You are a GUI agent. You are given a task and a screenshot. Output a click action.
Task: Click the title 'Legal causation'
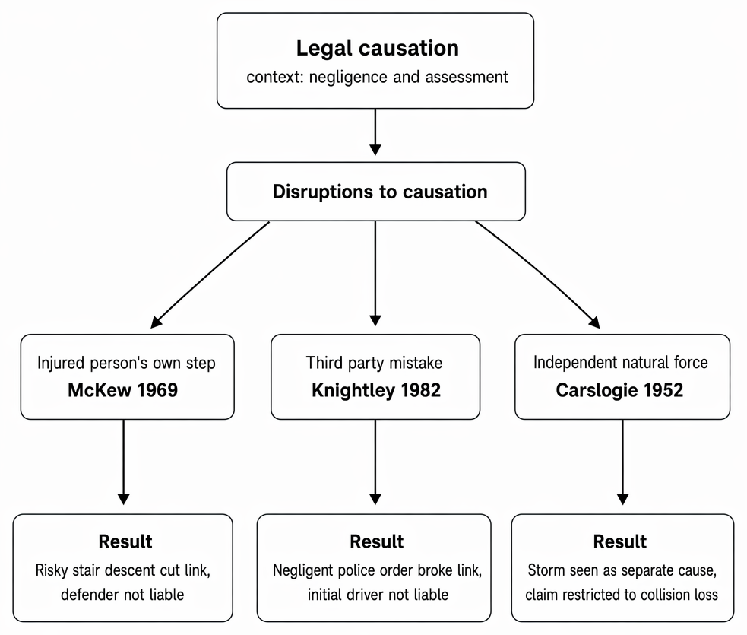point(378,48)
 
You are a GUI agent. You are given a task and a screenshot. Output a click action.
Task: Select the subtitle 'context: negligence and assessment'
point(378,77)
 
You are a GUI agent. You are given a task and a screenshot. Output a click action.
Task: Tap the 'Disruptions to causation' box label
point(380,192)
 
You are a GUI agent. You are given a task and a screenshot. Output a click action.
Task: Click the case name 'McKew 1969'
point(123,390)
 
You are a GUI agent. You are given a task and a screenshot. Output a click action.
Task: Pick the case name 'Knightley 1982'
point(376,390)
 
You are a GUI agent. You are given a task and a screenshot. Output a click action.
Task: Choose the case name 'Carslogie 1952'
point(619,390)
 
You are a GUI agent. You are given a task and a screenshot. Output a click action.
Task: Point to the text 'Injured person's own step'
point(126,363)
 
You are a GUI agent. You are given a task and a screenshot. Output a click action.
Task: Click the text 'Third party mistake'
point(374,363)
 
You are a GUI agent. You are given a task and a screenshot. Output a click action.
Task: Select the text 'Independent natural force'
point(620,362)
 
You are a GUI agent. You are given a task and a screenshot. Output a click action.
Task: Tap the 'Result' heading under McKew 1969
point(125,541)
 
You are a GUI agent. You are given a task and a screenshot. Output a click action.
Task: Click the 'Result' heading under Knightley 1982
point(376,541)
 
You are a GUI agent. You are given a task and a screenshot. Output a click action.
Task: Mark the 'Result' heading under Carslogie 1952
point(620,541)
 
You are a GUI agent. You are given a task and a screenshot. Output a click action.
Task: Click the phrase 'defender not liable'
point(122,595)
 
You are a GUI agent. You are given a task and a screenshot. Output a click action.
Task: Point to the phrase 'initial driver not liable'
point(378,595)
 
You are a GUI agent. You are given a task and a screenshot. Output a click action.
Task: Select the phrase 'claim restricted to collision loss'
point(621,595)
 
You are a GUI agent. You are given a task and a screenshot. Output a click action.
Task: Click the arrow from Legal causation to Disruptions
point(375,132)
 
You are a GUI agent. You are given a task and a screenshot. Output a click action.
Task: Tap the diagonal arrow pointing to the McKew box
point(210,275)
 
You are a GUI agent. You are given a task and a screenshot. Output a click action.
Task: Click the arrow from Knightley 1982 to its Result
point(375,462)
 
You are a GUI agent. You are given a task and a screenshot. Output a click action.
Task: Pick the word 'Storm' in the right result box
point(545,570)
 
